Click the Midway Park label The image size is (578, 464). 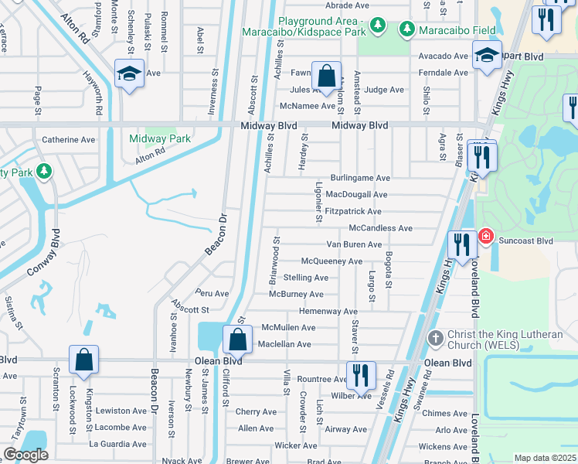[x=160, y=138]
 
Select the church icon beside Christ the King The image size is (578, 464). [x=436, y=338]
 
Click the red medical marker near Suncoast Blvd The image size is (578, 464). [x=486, y=236]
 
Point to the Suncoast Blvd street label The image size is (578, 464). [x=525, y=241]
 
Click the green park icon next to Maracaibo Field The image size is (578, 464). [x=406, y=29]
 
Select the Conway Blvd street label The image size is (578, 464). [x=42, y=254]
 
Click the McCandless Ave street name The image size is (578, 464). [x=381, y=228]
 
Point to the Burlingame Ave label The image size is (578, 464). [x=360, y=178]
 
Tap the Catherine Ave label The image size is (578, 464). [x=68, y=140]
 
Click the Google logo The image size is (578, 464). [x=25, y=455]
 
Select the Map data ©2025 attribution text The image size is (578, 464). [x=545, y=458]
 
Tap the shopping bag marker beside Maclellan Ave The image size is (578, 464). [x=237, y=339]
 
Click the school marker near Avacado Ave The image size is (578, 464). [x=488, y=55]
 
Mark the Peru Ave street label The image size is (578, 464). [x=212, y=294]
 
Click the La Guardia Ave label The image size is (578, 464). [x=117, y=443]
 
